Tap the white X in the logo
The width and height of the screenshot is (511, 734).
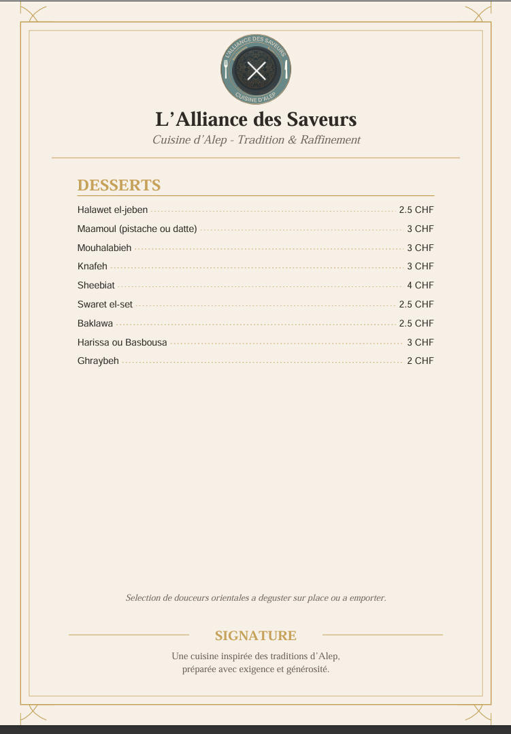(x=256, y=70)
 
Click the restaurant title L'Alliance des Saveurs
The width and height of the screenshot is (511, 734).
(x=256, y=120)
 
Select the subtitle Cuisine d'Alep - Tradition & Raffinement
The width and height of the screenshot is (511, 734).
(x=256, y=140)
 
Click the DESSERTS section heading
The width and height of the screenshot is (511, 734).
(x=119, y=185)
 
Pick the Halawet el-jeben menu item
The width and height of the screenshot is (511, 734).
(x=112, y=210)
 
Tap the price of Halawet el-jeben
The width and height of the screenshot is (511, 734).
(x=416, y=210)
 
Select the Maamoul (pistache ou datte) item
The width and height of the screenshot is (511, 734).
(x=137, y=229)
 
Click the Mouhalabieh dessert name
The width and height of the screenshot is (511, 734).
(x=104, y=248)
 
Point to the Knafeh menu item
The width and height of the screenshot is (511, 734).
(x=92, y=267)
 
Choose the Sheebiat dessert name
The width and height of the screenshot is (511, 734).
(x=96, y=286)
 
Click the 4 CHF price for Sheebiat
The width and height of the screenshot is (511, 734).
(x=420, y=286)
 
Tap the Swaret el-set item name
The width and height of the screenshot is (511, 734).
(x=105, y=304)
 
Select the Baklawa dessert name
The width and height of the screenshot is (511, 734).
(x=95, y=323)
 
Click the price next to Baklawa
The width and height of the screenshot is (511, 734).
(x=416, y=323)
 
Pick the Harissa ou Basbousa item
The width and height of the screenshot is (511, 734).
(x=122, y=342)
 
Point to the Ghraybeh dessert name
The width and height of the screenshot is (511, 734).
(x=98, y=361)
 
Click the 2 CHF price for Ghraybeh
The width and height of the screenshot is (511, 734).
(x=420, y=361)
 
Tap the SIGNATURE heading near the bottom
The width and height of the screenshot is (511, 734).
(x=256, y=635)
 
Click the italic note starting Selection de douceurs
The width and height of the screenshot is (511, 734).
(x=256, y=598)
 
